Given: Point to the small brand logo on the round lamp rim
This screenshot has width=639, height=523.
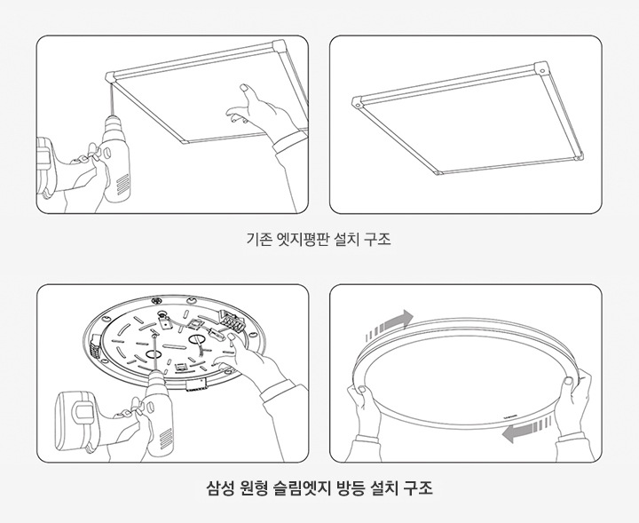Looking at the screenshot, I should (x=513, y=411).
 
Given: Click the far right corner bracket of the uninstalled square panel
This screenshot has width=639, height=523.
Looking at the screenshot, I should (x=541, y=68).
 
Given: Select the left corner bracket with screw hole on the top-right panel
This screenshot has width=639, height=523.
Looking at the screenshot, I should (x=357, y=103).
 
